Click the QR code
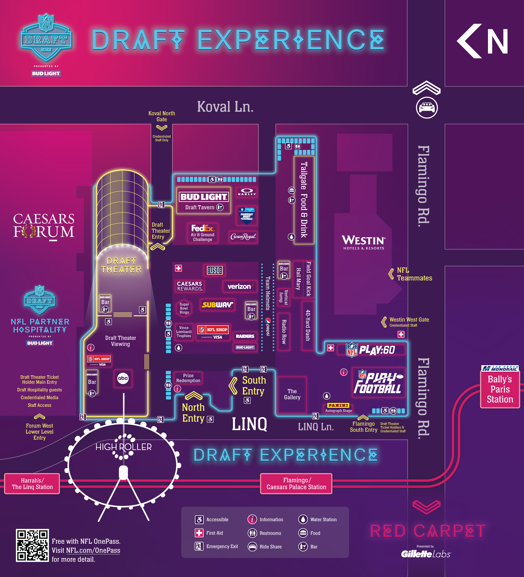(32, 545)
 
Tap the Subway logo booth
(217, 305)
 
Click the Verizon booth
(240, 286)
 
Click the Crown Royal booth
(243, 236)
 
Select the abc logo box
(123, 378)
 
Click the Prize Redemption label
(188, 378)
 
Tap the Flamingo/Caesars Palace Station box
(296, 484)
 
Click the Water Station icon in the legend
(303, 519)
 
